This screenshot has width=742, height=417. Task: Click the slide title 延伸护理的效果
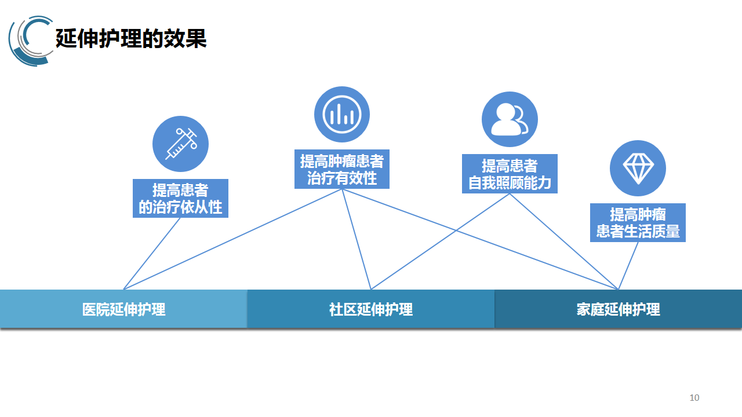pyautogui.click(x=131, y=39)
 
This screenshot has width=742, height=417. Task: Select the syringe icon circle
pyautogui.click(x=180, y=144)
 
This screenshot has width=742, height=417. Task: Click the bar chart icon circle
pyautogui.click(x=342, y=114)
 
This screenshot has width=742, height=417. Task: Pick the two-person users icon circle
pyautogui.click(x=510, y=119)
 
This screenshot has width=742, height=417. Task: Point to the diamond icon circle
pyautogui.click(x=638, y=168)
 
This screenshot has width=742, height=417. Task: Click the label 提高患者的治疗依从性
pyautogui.click(x=180, y=198)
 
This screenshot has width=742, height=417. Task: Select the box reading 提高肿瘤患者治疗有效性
pyautogui.click(x=341, y=169)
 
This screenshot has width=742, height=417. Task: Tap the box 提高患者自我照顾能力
pyautogui.click(x=510, y=174)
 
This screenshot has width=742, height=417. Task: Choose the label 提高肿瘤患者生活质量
pyautogui.click(x=638, y=222)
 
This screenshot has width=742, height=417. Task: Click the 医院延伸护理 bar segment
pyautogui.click(x=123, y=309)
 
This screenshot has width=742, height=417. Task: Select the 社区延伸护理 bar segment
pyautogui.click(x=371, y=309)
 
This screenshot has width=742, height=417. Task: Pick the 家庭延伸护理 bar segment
pyautogui.click(x=618, y=309)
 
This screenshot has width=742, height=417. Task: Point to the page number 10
pyautogui.click(x=694, y=397)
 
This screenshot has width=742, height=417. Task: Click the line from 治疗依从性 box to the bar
pyautogui.click(x=152, y=253)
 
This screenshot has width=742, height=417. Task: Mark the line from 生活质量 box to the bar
pyautogui.click(x=628, y=265)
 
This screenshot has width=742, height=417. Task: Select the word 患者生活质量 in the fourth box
pyautogui.click(x=638, y=232)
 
